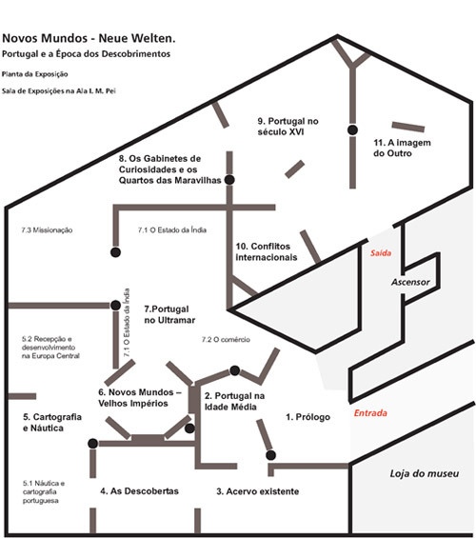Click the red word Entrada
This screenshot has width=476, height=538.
click(370, 412)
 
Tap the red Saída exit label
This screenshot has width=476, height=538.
click(381, 253)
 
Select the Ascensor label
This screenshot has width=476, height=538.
click(410, 282)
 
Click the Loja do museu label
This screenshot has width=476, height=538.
click(425, 473)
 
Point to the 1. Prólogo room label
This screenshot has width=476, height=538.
click(307, 417)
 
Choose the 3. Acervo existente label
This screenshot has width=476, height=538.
click(258, 491)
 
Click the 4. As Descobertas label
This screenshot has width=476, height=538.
click(139, 491)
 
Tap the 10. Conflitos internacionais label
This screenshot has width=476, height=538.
click(267, 251)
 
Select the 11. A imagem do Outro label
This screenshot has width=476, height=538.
click(402, 148)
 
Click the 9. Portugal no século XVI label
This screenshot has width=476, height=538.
click(288, 127)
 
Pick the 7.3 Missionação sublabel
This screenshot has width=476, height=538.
click(47, 229)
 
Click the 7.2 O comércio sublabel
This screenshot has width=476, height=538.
click(226, 339)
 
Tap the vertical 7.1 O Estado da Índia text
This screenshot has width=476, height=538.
click(127, 322)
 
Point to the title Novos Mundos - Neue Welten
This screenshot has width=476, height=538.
click(89, 38)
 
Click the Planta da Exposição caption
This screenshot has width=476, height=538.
click(34, 74)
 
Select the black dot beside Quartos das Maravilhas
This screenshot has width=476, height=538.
click(229, 179)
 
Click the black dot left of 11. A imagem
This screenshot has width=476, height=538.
click(352, 130)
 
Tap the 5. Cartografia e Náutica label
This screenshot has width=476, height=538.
click(52, 423)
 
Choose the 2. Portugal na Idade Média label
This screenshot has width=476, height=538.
click(234, 401)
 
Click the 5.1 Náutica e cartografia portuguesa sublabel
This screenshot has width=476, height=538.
click(44, 491)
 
